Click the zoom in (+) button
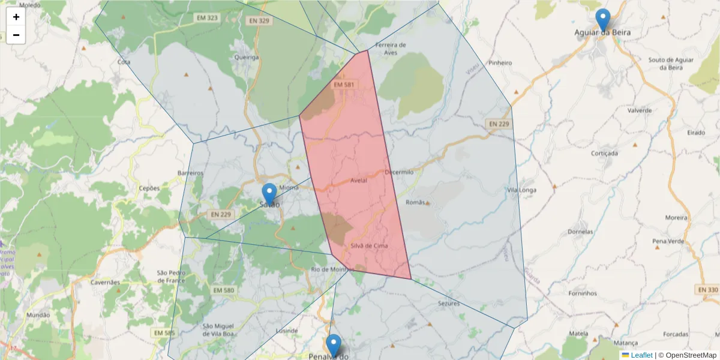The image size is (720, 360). tap(16, 17)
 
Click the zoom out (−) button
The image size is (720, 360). tap(16, 35)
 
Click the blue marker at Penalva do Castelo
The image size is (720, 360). tap(334, 346)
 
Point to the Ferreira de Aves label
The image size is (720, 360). tap(391, 49)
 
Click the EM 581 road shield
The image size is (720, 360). tap(344, 85)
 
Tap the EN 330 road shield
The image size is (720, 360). tap(708, 290)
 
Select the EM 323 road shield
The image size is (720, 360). tap(207, 18)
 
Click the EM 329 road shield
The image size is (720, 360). tap(259, 20)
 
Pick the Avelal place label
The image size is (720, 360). tap(358, 181)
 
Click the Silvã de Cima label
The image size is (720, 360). tap(369, 246)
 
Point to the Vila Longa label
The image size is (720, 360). tap(520, 190)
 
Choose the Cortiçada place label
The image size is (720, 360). tap(604, 153)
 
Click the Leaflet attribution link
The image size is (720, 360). tap(641, 355)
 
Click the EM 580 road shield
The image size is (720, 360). tap(223, 290)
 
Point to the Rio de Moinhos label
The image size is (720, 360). tap(331, 269)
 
